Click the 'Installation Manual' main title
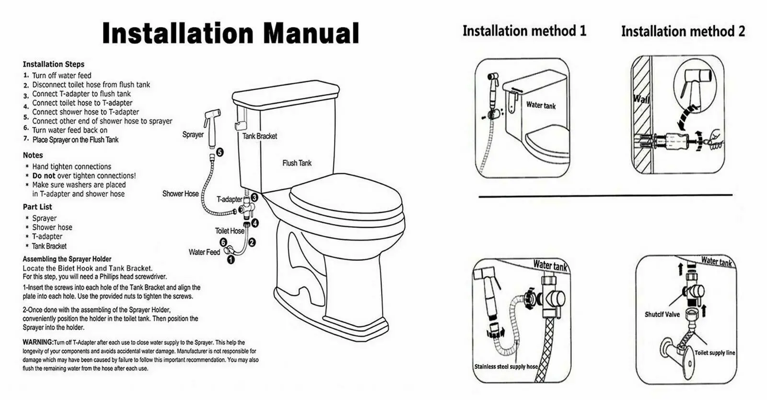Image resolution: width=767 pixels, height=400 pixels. coord(231,33)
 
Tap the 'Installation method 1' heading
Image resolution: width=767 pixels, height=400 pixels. coord(524,31)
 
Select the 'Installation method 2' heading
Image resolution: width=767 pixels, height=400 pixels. coord(683,32)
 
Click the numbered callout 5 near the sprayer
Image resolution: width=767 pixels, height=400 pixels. coord(220,153)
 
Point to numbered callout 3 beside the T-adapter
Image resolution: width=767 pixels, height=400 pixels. coord(255,198)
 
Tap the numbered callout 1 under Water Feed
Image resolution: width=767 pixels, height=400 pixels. coord(231,259)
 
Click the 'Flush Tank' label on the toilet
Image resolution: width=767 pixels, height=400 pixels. coord(297,164)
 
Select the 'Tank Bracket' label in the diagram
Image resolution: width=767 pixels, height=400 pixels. coord(259,136)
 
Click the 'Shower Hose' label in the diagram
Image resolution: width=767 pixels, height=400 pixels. coord(180,194)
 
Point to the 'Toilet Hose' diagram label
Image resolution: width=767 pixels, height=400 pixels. coord(230,231)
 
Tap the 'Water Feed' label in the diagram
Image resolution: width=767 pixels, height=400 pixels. coord(204,252)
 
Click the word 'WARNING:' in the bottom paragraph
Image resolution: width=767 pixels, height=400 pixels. coord(38,342)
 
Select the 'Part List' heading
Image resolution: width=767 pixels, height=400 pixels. coord(37,207)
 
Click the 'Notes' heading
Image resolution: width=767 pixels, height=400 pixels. coord(33,155)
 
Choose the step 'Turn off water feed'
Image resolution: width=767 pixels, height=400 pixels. coord(62,76)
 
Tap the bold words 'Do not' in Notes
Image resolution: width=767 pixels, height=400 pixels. coord(44,176)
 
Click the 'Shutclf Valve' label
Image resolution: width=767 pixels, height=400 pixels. coord(662,314)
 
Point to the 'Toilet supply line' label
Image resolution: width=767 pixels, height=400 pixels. coord(715,353)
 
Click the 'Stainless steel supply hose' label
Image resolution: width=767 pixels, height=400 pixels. coord(506,366)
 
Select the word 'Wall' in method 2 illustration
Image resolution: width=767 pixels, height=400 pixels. coord(641,99)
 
